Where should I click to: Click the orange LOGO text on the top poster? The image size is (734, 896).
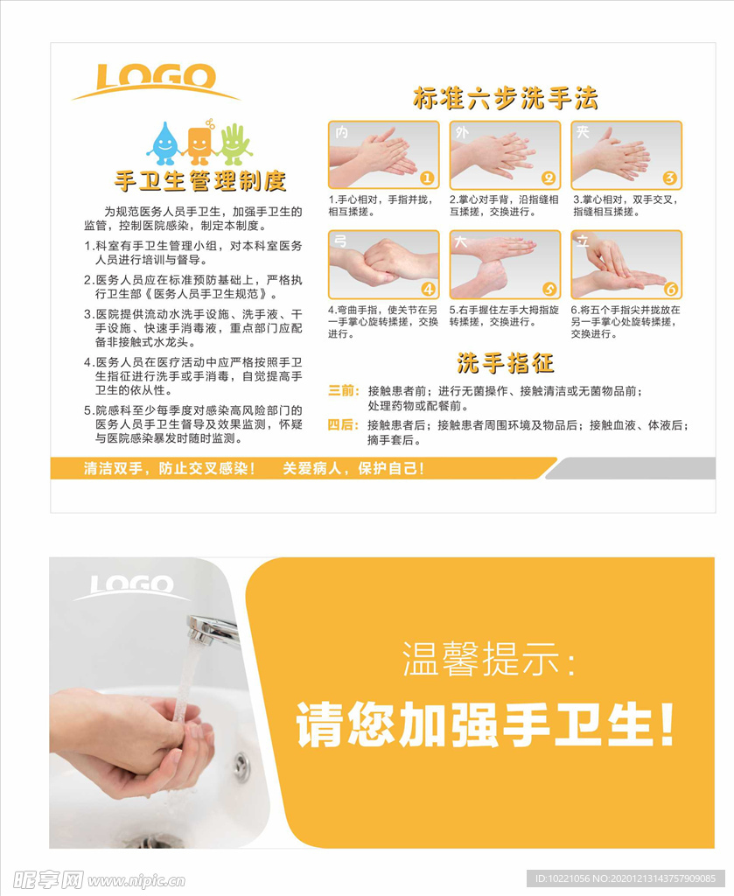(156, 77)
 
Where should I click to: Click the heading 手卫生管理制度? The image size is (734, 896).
(200, 181)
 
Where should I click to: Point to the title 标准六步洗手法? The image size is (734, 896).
(505, 99)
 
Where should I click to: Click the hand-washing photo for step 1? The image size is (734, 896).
(383, 155)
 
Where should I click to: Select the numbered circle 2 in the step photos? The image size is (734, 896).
(549, 178)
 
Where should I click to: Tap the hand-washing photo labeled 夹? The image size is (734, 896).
(626, 155)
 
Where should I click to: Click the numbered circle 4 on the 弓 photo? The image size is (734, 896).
(428, 289)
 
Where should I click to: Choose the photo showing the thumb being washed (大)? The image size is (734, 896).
(505, 264)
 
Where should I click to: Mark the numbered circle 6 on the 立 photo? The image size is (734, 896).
(671, 289)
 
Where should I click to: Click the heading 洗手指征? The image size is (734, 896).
(505, 362)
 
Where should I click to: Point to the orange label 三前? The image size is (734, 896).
(343, 390)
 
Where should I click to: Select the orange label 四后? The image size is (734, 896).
(343, 425)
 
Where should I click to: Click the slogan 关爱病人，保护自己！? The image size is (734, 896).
(353, 468)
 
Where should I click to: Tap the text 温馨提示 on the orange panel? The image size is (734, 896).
(488, 657)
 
